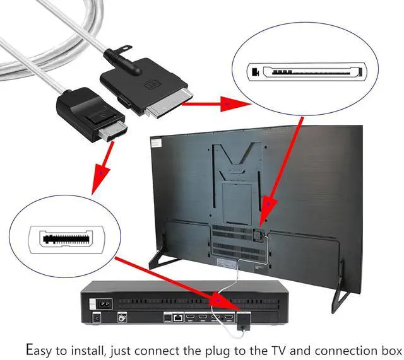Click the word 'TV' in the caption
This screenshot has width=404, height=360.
click(x=276, y=348)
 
